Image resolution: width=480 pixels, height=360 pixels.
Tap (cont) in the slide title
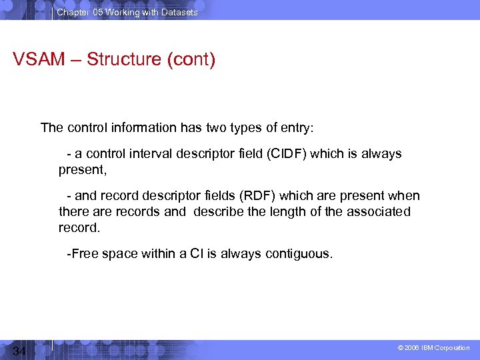click(x=191, y=59)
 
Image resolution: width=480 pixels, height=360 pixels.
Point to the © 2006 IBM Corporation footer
click(x=434, y=348)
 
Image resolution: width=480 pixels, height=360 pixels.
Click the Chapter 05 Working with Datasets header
click(x=127, y=12)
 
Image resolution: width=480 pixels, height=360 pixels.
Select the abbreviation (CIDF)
click(x=287, y=154)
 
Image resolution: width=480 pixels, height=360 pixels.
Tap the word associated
click(x=379, y=212)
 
